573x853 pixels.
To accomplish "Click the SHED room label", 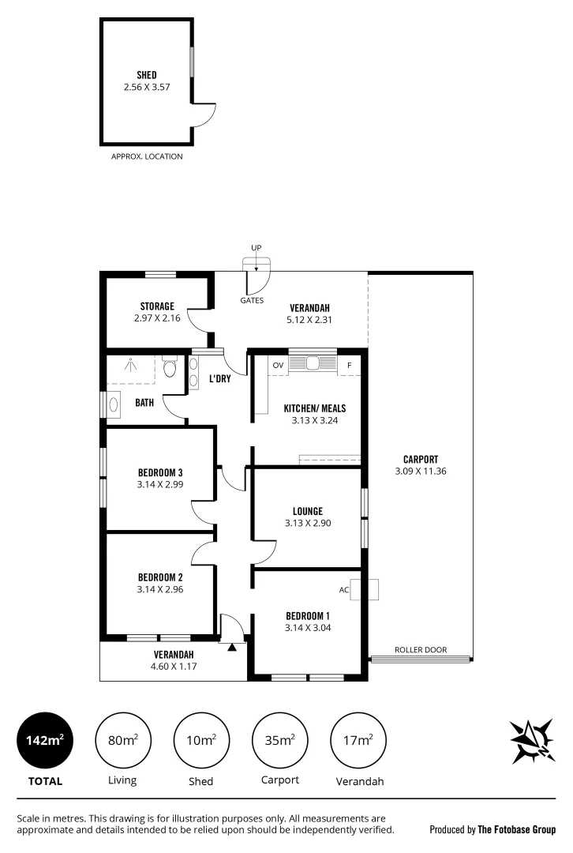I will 146,75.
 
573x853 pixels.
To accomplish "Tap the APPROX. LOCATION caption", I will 148,156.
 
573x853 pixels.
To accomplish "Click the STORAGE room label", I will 157,306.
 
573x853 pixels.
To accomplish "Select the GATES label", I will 252,301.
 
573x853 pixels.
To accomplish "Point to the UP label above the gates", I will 256,249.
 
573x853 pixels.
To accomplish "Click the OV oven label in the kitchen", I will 277,366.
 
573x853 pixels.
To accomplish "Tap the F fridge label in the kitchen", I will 349,366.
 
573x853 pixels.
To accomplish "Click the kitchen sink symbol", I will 313,364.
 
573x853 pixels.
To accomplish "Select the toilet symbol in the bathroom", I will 170,369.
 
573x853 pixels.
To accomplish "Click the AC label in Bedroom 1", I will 344,589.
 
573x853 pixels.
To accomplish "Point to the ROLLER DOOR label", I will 421,650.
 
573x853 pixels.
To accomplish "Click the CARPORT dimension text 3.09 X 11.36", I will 421,472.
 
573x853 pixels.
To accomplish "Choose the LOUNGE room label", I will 306,511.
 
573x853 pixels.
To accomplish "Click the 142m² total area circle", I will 45,740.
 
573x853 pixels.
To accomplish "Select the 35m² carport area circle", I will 279,740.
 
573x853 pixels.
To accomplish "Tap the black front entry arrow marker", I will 231,648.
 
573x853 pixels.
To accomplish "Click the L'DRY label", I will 219,379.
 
